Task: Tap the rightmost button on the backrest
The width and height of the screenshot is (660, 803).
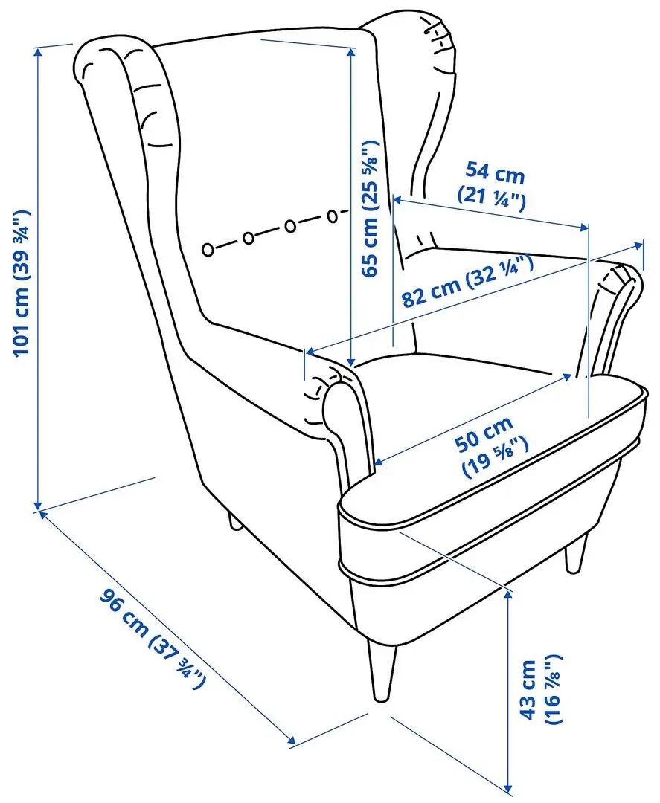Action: click(x=333, y=216)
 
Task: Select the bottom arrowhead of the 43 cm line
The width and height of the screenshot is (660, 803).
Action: click(x=509, y=788)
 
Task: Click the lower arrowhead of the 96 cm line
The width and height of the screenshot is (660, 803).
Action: click(x=293, y=741)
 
